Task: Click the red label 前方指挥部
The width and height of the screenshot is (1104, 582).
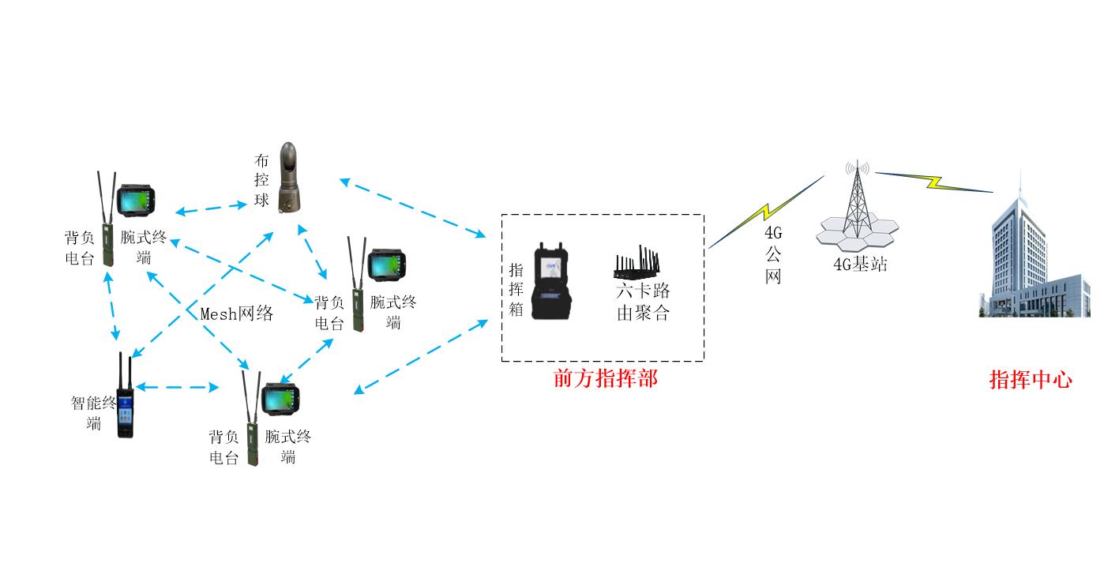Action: click(x=605, y=379)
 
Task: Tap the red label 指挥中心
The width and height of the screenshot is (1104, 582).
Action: click(x=1031, y=380)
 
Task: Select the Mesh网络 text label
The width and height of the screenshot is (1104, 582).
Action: click(x=237, y=314)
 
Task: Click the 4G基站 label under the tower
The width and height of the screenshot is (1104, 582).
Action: click(x=860, y=265)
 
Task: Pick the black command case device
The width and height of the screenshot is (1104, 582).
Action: click(x=551, y=281)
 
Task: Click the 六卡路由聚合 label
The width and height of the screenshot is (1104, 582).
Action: click(x=643, y=302)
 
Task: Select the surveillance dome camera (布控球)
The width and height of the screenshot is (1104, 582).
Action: click(x=289, y=178)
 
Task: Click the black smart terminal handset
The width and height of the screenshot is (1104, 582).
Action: click(x=126, y=395)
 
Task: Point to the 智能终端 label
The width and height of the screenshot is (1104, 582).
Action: click(x=93, y=413)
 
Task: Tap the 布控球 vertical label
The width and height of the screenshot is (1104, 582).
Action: click(x=261, y=180)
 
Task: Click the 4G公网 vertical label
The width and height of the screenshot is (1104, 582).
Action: click(x=773, y=255)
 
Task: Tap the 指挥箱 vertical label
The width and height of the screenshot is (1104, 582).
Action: click(x=516, y=289)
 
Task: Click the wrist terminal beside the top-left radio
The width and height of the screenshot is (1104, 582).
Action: click(x=136, y=201)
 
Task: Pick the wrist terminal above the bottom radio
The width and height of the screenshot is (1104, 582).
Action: click(x=280, y=399)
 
